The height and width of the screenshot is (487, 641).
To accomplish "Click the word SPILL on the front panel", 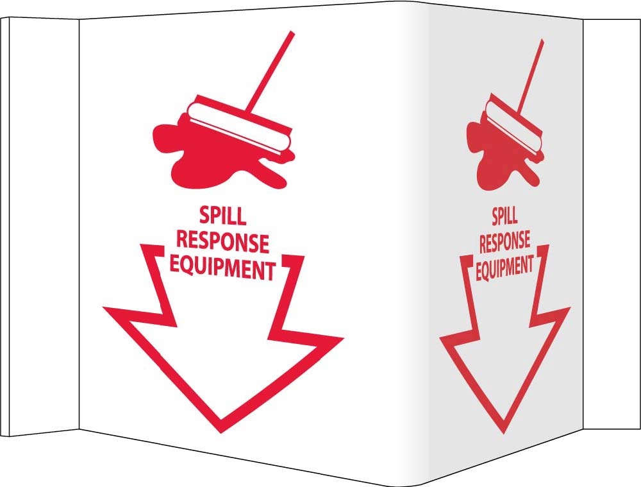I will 222,216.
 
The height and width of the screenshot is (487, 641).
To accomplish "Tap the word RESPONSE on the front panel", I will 222,243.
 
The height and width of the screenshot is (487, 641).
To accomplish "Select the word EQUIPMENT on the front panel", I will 222,269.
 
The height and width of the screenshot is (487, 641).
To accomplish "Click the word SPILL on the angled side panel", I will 504,217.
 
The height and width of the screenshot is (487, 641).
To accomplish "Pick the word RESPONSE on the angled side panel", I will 504,241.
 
